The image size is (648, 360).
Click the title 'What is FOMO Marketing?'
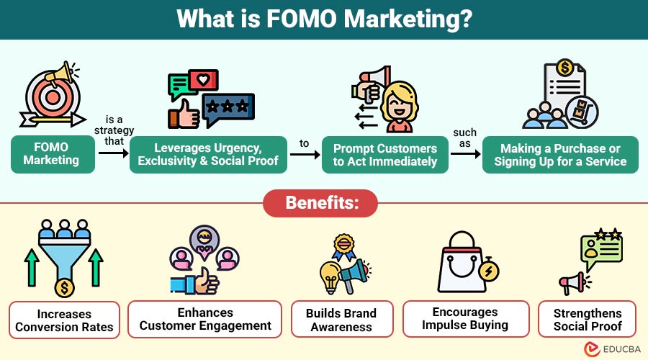(x=324, y=19)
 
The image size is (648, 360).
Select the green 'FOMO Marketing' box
(x=53, y=154)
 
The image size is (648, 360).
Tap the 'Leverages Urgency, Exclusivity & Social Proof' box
(x=208, y=154)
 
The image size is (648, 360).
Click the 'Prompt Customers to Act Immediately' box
(x=384, y=154)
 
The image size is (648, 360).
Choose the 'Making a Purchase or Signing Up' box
(x=560, y=154)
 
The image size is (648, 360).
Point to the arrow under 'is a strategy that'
(x=112, y=154)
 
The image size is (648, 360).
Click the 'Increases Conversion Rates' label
(x=64, y=320)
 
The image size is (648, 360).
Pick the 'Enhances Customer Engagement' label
(x=205, y=319)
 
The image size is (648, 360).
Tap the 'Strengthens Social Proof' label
(x=587, y=320)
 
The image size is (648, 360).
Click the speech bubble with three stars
(x=227, y=109)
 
